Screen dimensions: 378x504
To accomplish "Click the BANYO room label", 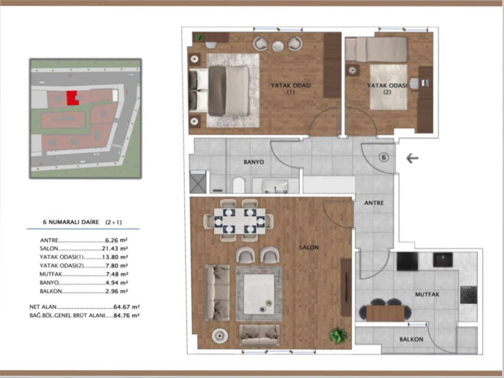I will (254, 162).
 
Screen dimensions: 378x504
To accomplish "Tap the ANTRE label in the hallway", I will (373, 203).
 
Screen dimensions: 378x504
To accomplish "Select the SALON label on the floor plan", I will (308, 247).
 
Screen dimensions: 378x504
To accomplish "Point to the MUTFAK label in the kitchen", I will (427, 294).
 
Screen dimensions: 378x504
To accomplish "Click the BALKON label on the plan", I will (411, 339).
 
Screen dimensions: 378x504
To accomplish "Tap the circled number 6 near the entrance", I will (383, 157).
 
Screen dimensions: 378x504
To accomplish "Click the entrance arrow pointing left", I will (412, 158).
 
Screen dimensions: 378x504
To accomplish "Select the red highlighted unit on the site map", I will (71, 98).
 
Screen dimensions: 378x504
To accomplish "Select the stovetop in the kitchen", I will (469, 295).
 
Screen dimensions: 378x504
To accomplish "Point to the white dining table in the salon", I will (239, 220).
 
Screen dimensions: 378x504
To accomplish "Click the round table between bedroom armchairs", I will (278, 46).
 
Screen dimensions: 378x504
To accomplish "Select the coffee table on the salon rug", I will (259, 293).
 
